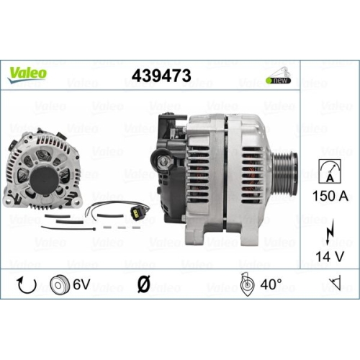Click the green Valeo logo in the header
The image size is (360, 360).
tap(27, 73)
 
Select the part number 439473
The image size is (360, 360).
tap(161, 76)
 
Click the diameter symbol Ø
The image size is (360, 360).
tap(143, 285)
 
